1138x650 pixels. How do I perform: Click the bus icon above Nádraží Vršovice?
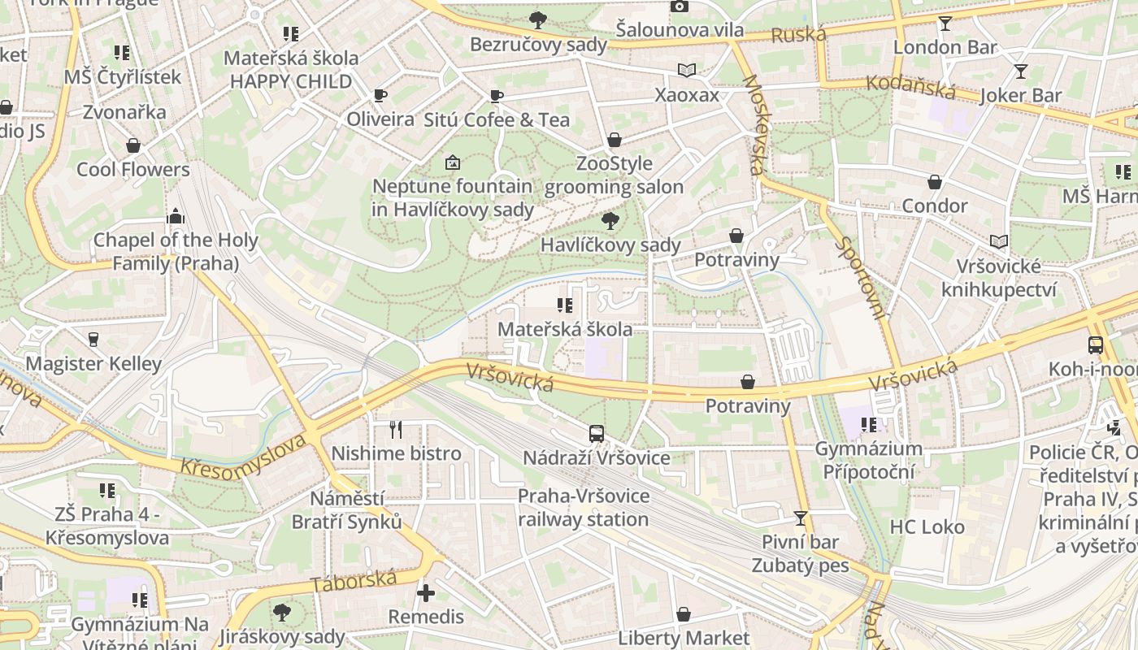(x=597, y=433)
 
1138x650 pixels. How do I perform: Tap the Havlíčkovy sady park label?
(x=610, y=245)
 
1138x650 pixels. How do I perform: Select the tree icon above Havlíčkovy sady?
(x=610, y=220)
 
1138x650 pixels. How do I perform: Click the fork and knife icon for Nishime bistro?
(x=396, y=428)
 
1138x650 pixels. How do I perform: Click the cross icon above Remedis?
(x=425, y=592)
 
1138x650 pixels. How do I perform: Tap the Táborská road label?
(x=354, y=581)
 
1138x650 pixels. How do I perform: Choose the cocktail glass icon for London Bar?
(x=945, y=23)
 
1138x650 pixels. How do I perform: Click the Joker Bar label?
(x=1021, y=96)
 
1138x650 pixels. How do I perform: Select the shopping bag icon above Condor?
(x=935, y=182)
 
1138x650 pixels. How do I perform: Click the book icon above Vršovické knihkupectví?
(x=999, y=242)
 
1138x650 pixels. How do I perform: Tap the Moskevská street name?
(x=754, y=125)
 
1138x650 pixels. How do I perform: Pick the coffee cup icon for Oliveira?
(x=380, y=96)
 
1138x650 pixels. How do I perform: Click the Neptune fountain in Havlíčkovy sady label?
(x=453, y=197)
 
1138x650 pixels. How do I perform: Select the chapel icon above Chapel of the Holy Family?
(x=175, y=216)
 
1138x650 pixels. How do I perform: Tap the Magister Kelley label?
(x=93, y=363)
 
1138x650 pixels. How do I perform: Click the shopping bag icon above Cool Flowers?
(x=133, y=146)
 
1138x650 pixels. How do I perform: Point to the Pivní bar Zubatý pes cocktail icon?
(x=801, y=518)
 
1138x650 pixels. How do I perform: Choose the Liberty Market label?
(x=684, y=638)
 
